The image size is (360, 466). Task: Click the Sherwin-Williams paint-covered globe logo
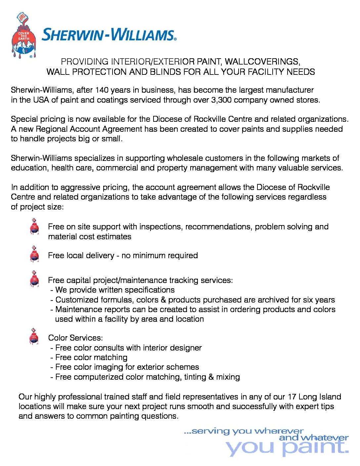(x=23, y=36)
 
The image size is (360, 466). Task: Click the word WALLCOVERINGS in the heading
(x=262, y=62)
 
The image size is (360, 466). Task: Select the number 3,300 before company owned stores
(x=221, y=100)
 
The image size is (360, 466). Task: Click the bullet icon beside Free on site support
(x=34, y=226)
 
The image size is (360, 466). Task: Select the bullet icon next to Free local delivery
(x=34, y=254)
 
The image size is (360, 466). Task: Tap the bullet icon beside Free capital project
(x=34, y=279)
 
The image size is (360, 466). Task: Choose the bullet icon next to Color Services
(x=34, y=336)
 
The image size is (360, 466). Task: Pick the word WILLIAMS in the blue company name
(x=143, y=35)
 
